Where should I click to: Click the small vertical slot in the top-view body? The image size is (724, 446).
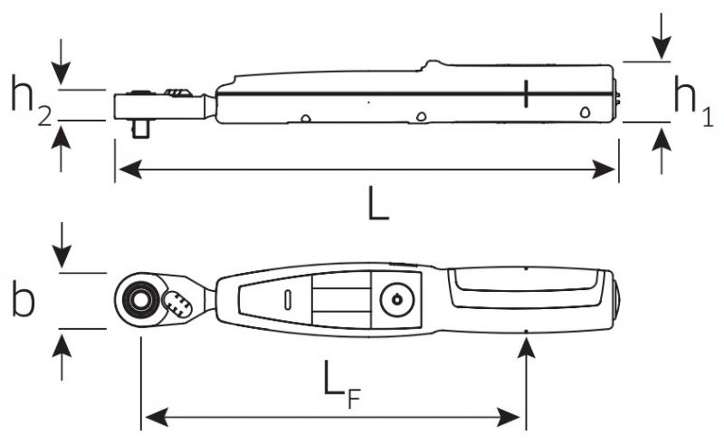tap(288, 298)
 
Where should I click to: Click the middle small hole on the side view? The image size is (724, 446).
tap(421, 116)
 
